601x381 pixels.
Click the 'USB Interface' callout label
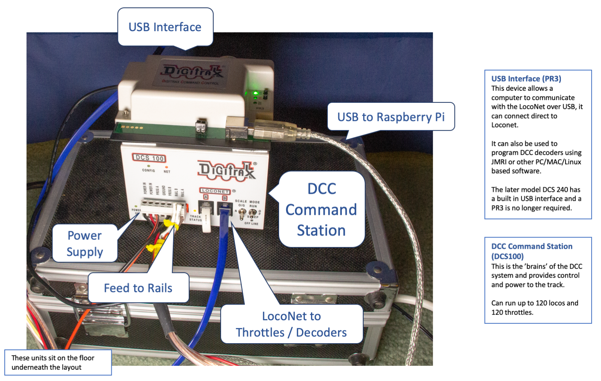[165, 27]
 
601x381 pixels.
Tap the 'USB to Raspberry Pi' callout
[391, 117]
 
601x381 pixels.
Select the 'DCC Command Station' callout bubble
[322, 210]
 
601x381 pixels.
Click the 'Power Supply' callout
[85, 244]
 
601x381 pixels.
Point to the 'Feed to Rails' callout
[138, 288]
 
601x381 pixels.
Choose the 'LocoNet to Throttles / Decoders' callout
[292, 324]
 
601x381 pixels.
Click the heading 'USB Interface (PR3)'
[526, 79]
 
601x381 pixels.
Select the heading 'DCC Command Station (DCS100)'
[531, 251]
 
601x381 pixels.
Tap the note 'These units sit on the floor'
[53, 358]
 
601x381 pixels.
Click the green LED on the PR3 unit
[256, 93]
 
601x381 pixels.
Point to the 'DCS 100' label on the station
[149, 158]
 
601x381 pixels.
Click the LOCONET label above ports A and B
[215, 191]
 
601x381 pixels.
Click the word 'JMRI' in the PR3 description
[500, 162]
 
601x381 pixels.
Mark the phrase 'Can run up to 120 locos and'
[534, 303]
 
